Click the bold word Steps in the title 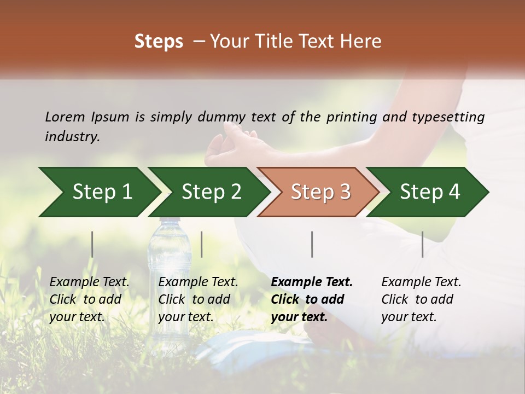pos(159,42)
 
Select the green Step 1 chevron pos(98,192)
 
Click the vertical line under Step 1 pos(92,244)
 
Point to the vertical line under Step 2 pos(202,244)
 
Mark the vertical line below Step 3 pos(312,244)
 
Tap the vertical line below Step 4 pos(422,244)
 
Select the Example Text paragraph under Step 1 pos(89,299)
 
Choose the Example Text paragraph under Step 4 pos(421,299)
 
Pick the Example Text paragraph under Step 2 pos(198,299)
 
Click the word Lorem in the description pos(65,117)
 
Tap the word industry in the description pos(72,137)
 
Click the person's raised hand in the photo pos(232,145)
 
